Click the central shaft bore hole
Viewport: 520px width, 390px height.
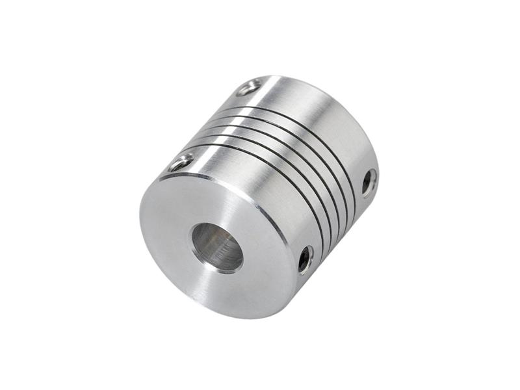[216, 247]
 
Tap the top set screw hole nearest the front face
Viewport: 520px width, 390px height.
[181, 161]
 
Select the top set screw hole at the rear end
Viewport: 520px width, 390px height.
[249, 86]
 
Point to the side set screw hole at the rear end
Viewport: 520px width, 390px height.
[369, 182]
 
